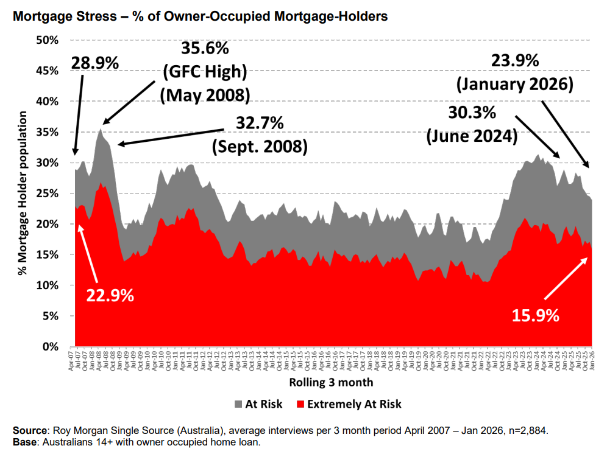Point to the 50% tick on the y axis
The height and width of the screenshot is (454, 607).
tap(48, 40)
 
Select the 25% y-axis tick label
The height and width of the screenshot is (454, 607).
tap(48, 194)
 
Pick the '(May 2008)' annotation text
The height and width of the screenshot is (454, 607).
tap(205, 96)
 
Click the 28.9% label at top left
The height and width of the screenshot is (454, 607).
tap(94, 63)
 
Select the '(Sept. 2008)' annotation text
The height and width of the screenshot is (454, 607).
tap(259, 147)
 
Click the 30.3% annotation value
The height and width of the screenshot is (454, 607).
tap(474, 113)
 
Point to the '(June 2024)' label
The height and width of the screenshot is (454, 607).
tap(474, 136)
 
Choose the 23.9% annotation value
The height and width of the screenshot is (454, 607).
tap(515, 60)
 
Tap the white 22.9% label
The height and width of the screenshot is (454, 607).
tap(110, 296)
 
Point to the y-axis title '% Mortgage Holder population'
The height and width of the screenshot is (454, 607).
tap(24, 194)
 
